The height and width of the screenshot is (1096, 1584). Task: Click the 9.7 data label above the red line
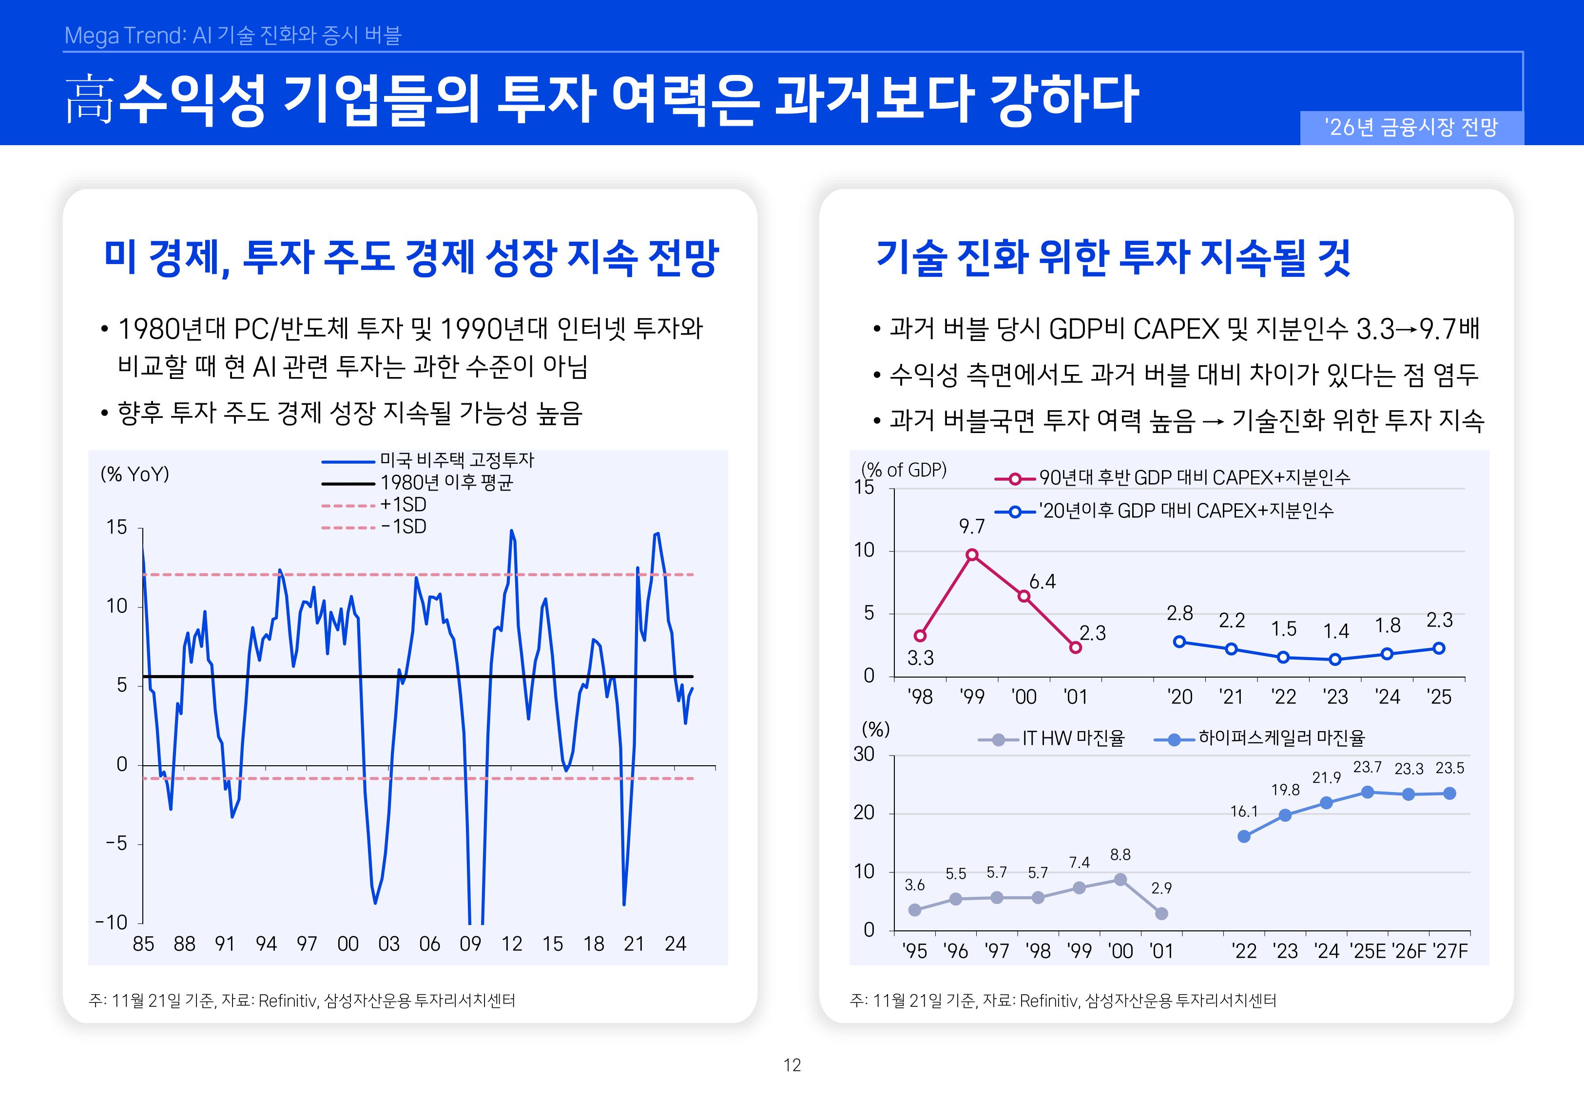971,527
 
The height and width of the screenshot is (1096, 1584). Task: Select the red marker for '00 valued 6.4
1024,596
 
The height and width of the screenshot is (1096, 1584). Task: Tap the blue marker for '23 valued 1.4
1334,659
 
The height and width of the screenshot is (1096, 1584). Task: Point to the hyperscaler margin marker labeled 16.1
1244,836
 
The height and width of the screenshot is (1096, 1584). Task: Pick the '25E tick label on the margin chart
1368,951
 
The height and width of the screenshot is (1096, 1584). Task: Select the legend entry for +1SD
403,505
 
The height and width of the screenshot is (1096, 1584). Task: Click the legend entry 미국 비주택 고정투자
456,460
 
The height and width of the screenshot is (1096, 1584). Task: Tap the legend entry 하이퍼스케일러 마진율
1281,738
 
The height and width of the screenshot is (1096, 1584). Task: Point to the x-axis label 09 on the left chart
470,944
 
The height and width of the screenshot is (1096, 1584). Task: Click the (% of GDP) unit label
904,470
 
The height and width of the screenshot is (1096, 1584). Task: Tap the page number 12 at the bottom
792,1065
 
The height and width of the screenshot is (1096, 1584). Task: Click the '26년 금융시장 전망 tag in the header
1411,128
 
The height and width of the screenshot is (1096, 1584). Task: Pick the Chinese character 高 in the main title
89,99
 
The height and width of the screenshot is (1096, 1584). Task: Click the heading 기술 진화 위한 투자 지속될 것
1113,258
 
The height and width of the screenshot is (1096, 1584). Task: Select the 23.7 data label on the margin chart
1367,767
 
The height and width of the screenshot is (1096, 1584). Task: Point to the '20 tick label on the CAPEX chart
1179,697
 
